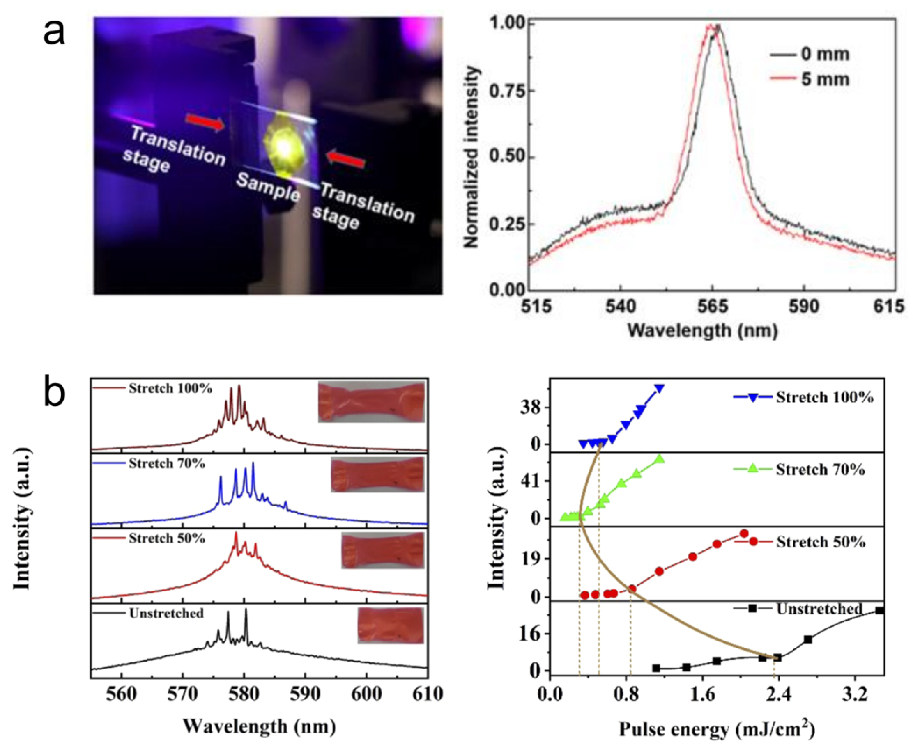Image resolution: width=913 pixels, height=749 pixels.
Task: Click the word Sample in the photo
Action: [268, 188]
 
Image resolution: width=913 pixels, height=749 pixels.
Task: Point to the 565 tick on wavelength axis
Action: [712, 307]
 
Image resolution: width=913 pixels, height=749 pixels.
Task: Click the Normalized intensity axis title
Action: [472, 158]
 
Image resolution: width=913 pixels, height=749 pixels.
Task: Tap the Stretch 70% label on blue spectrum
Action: [167, 463]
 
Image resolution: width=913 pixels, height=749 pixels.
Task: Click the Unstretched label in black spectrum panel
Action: [166, 613]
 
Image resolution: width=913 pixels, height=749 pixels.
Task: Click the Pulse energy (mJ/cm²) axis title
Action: [717, 730]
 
